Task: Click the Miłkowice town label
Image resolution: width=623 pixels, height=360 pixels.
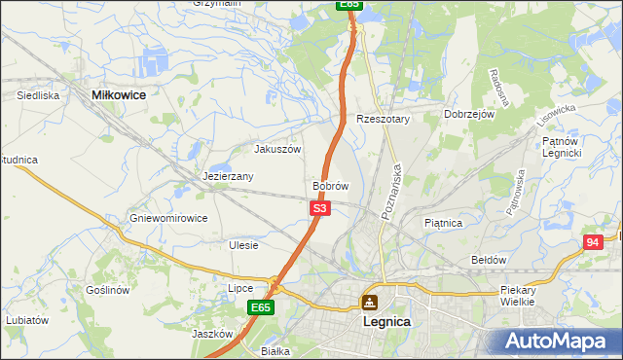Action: click(118, 94)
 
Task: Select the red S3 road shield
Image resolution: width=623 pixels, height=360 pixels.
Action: click(320, 208)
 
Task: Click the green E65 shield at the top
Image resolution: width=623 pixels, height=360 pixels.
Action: click(349, 5)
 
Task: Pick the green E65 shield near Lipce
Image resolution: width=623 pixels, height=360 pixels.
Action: click(259, 307)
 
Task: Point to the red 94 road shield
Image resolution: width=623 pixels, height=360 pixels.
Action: click(593, 242)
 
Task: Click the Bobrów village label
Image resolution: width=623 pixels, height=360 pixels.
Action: click(330, 185)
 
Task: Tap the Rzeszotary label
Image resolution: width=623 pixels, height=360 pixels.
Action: click(384, 119)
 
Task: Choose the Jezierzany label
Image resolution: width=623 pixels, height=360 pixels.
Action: click(229, 177)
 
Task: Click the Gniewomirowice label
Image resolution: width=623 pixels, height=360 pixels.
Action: click(168, 218)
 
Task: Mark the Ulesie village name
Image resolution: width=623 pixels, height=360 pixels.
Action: click(243, 245)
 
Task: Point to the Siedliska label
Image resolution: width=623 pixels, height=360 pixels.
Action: click(39, 96)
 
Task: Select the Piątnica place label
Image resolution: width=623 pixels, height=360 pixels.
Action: click(443, 223)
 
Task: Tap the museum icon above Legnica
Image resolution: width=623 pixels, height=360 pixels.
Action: click(369, 303)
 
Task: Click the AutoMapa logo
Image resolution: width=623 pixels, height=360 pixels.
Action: click(559, 342)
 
